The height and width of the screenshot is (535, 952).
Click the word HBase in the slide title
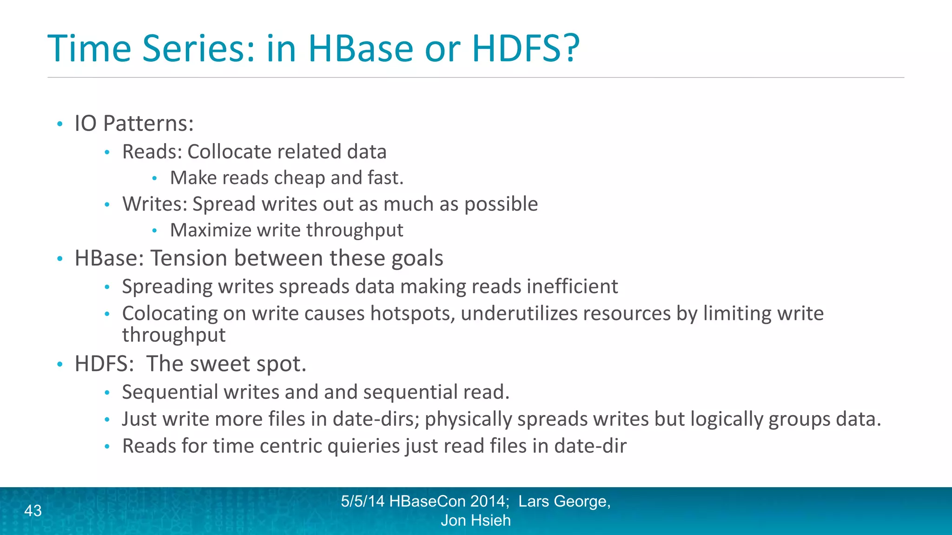360,48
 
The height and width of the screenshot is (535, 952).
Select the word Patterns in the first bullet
148,124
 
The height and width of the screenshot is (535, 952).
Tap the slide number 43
33,511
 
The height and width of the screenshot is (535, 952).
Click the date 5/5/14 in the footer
363,502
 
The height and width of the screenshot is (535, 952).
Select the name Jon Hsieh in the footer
476,521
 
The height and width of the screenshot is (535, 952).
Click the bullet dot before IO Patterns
59,124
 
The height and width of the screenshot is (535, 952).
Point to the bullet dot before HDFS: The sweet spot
59,364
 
